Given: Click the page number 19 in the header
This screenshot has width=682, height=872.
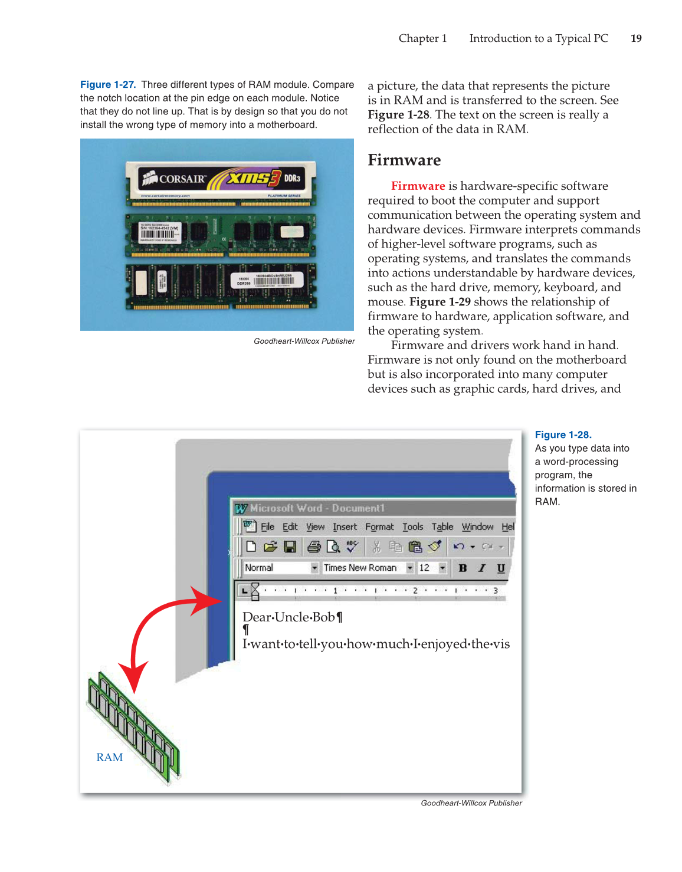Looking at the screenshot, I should tap(636, 38).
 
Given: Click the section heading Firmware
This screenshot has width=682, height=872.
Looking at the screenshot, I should tap(404, 160).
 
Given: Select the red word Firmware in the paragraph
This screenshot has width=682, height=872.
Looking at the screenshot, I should tap(418, 186).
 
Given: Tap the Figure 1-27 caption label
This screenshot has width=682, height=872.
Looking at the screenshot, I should tap(108, 85).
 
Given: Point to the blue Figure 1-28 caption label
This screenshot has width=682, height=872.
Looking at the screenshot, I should tap(563, 435).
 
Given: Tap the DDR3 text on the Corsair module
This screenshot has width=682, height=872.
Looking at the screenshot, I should tap(292, 178).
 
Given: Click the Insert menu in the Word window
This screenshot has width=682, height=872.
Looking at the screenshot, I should tap(345, 527).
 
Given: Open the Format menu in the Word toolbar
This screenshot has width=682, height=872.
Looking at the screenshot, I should tap(379, 527).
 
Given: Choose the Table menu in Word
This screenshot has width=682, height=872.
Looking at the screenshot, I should tap(442, 527).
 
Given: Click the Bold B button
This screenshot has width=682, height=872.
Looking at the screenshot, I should tap(463, 568).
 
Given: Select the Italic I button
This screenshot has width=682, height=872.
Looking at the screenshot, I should tap(482, 568).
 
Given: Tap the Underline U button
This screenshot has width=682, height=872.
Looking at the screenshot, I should tap(501, 568).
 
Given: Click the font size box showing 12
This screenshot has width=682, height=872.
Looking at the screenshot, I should tap(425, 568).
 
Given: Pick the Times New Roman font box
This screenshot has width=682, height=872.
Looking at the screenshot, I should tap(360, 568).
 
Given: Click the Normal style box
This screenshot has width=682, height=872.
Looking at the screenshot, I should tap(260, 568).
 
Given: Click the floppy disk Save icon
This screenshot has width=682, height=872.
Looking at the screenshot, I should tap(290, 547).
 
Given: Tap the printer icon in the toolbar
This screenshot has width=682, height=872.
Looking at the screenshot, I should tap(314, 547).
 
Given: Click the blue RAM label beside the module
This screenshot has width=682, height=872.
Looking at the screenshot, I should tap(110, 758).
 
